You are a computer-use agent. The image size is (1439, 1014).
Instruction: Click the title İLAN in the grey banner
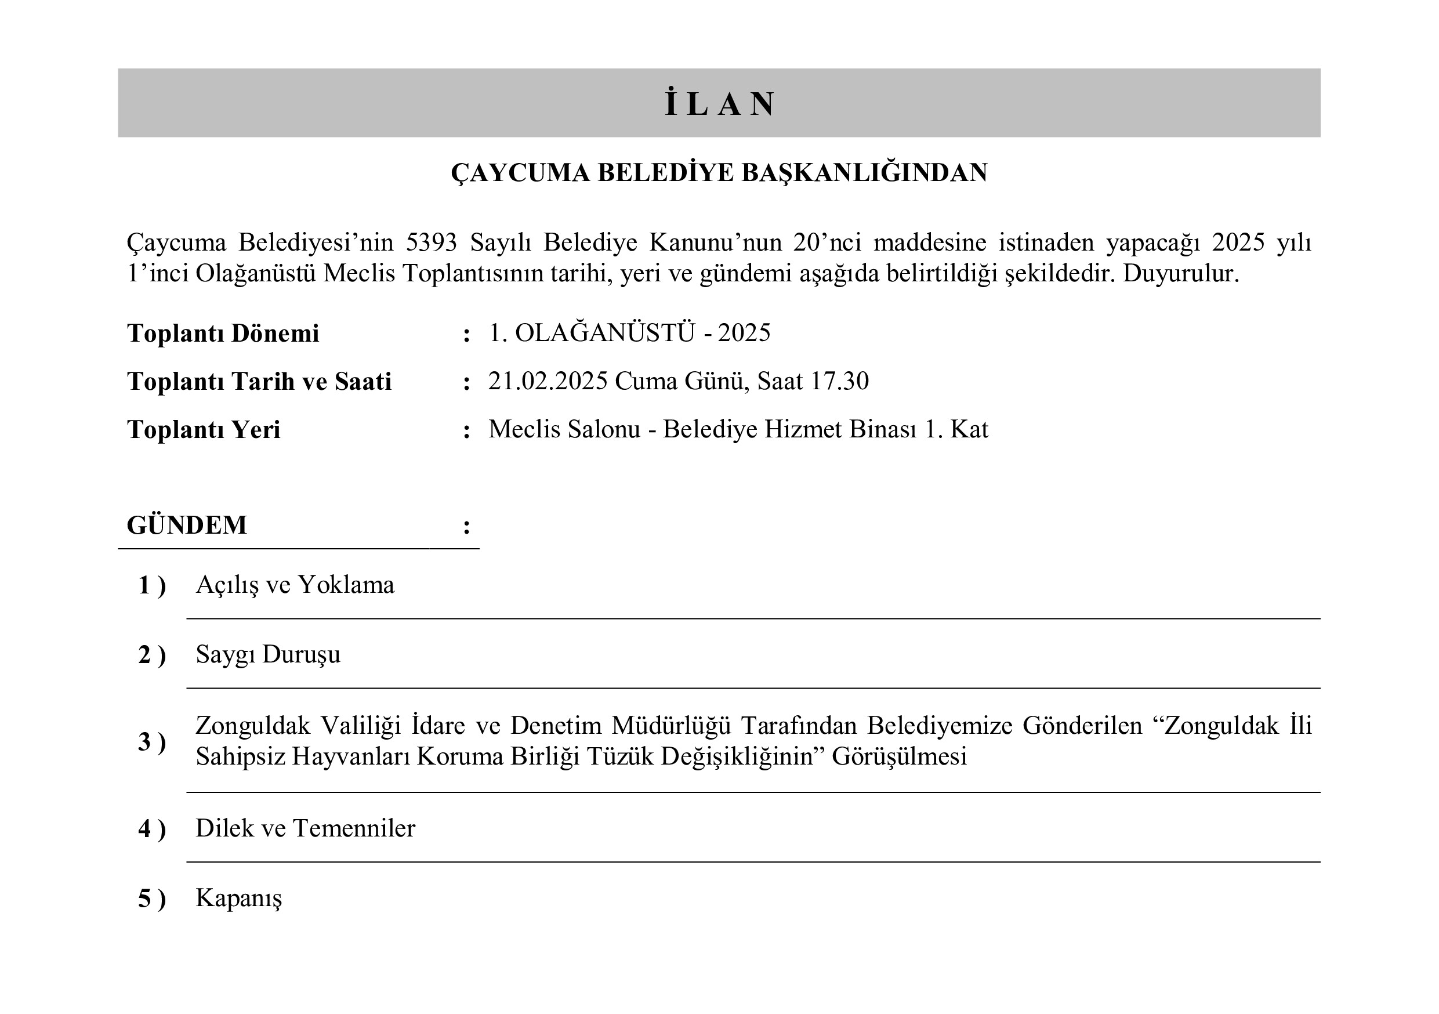pos(719,104)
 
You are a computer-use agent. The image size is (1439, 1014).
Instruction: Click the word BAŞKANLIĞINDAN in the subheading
pos(864,173)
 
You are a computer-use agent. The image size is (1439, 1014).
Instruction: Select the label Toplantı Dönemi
pos(223,334)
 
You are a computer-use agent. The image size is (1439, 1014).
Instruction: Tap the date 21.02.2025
pos(548,381)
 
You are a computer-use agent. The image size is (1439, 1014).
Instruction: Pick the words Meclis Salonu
pos(564,429)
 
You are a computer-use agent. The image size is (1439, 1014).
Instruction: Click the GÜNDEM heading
pos(187,525)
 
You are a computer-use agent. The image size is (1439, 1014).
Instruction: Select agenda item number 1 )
pos(151,585)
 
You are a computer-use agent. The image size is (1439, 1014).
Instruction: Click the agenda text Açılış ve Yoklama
pos(295,585)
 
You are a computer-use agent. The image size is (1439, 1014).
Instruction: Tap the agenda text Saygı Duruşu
pos(268,654)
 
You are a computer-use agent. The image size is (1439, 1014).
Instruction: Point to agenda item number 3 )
pos(151,742)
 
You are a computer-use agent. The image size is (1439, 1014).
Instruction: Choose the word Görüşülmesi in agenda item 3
pos(899,756)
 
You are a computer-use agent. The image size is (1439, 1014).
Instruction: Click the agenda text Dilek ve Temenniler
pos(305,828)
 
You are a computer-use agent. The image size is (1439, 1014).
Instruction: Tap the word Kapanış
pos(239,898)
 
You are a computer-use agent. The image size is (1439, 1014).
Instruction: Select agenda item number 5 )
pos(151,899)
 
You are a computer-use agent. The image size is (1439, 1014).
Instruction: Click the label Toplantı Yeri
pos(204,430)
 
